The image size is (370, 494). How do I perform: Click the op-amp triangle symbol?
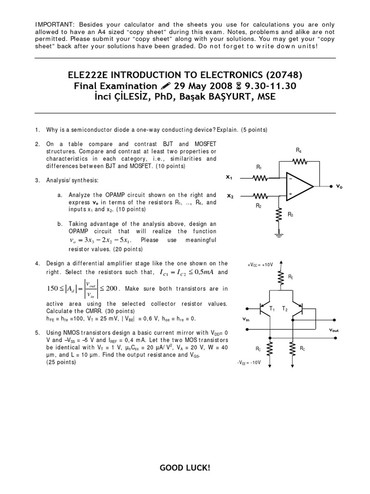point(299,185)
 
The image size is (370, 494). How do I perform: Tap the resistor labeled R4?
point(300,162)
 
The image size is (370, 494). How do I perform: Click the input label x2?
point(230,196)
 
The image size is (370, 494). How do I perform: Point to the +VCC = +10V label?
point(260,264)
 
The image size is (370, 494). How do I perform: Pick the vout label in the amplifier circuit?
point(334,330)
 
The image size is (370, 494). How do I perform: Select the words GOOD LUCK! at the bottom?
point(185,468)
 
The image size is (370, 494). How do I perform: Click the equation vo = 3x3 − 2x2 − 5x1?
point(97,240)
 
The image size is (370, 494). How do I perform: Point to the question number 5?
point(37,333)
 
